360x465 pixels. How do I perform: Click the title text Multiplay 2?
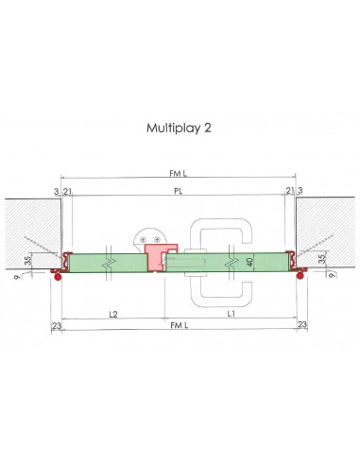pos(180,127)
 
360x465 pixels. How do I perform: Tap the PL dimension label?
pos(179,190)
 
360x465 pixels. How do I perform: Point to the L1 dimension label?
pos(231,312)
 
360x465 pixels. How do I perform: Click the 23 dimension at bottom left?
pos(56,324)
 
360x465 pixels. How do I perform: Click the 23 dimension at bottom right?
pos(301,324)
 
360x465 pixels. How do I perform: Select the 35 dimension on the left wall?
pos(27,258)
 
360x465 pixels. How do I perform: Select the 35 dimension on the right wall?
pos(321,257)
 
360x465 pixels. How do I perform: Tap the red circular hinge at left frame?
pos(58,276)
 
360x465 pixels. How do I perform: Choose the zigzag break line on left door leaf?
pos(110,260)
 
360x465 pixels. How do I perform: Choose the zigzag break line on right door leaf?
pos(234,260)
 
